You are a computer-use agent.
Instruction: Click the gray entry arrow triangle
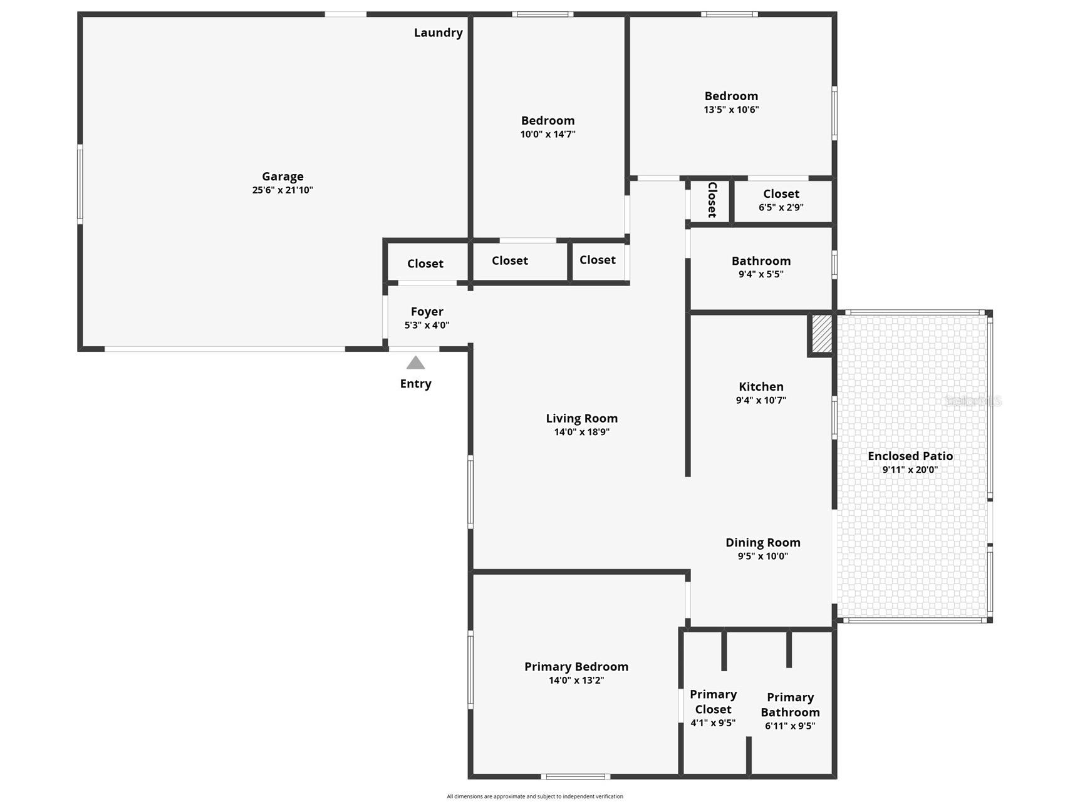pyautogui.click(x=415, y=363)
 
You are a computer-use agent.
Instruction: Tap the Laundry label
pyautogui.click(x=438, y=33)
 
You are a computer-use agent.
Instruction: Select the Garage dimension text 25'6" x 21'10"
pyautogui.click(x=283, y=190)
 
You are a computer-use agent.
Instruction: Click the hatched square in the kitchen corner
pyautogui.click(x=822, y=333)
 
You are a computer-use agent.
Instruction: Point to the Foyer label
pyautogui.click(x=427, y=312)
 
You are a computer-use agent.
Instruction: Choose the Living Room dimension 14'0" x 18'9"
pyautogui.click(x=581, y=432)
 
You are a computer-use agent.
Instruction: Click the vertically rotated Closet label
pyautogui.click(x=712, y=200)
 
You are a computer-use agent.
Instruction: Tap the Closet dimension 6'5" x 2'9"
pyautogui.click(x=781, y=207)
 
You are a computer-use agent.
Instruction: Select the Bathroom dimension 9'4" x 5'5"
pyautogui.click(x=761, y=274)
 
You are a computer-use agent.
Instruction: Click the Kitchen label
pyautogui.click(x=761, y=387)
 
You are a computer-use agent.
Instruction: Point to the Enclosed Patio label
pyautogui.click(x=910, y=456)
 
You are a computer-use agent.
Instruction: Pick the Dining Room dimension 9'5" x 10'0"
pyautogui.click(x=762, y=556)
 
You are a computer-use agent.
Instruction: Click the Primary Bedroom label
pyautogui.click(x=576, y=667)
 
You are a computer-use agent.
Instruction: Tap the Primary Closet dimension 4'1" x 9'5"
pyautogui.click(x=713, y=723)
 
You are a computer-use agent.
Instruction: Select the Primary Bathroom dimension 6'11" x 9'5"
pyautogui.click(x=789, y=726)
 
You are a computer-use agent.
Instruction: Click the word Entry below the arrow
pyautogui.click(x=415, y=384)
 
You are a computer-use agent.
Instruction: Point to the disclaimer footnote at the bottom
pyautogui.click(x=534, y=796)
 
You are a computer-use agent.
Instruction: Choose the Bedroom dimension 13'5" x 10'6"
pyautogui.click(x=731, y=110)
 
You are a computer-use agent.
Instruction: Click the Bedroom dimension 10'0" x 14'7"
pyautogui.click(x=548, y=134)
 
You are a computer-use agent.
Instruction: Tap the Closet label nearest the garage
pyautogui.click(x=425, y=264)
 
